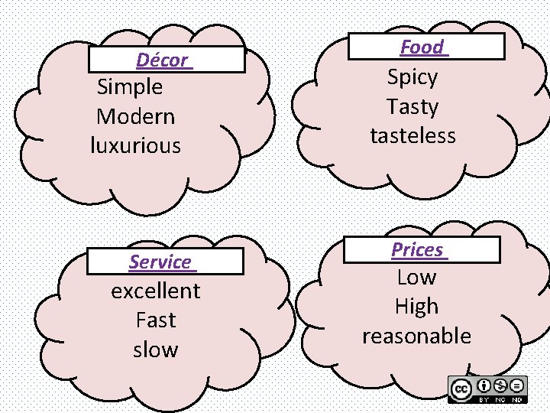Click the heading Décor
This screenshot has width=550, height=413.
click(x=163, y=60)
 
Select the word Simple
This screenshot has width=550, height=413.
click(x=130, y=87)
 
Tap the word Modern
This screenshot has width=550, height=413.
click(x=136, y=117)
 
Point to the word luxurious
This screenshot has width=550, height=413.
click(x=136, y=145)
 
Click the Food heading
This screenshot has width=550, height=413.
click(x=422, y=47)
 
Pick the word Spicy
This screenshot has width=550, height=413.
click(x=412, y=77)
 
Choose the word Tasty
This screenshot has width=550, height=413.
click(x=412, y=106)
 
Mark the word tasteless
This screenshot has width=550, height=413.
click(x=412, y=136)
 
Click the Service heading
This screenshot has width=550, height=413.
click(x=160, y=262)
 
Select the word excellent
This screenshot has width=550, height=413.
click(x=156, y=291)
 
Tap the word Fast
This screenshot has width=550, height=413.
click(x=156, y=320)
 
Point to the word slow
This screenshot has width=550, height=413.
click(x=156, y=350)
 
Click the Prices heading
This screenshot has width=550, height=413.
click(x=417, y=250)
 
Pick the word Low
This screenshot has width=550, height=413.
click(x=416, y=278)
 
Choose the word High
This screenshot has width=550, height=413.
click(x=416, y=307)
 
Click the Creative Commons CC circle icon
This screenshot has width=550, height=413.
click(x=461, y=389)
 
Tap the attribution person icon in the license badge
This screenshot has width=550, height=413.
click(x=484, y=385)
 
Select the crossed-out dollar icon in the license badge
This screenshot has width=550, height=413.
click(x=501, y=385)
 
